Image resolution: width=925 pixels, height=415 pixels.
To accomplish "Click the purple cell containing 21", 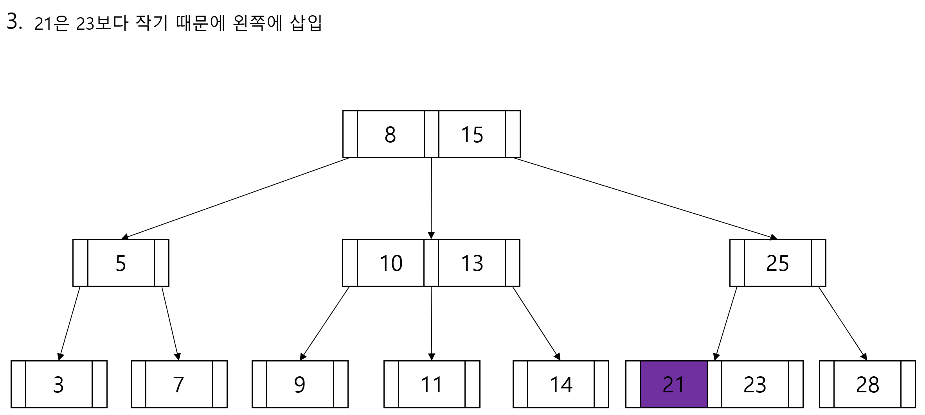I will pos(673,384).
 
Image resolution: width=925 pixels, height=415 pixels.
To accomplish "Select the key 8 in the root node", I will pos(390,134).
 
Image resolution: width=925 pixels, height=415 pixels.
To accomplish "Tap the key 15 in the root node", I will pos(472,134).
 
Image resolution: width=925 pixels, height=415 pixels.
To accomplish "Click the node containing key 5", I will pos(121,263).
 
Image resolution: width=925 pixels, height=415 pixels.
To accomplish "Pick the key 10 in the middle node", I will pos(391,263).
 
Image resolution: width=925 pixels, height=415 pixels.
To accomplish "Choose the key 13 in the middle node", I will pos(472,263).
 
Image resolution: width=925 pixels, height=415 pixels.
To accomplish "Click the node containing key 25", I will pos(777,263).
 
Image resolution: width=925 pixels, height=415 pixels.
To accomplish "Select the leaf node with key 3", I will pos(59,384).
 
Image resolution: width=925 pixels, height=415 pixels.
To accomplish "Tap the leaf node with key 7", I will pos(179,384).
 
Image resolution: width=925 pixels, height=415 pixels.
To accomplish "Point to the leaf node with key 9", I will pos(300,384).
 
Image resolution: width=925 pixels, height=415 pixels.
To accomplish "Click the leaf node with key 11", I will pos(432,384).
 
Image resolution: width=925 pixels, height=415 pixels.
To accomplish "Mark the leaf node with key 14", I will pos(561,384).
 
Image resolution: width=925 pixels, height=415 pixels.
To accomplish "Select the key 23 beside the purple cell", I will pos(755,384).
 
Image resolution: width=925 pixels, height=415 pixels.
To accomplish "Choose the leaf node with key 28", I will pos(867,384).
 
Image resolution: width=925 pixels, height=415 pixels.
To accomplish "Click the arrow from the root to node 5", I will pos(235,199).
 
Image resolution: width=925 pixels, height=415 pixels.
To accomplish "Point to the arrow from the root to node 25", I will pos(646,199).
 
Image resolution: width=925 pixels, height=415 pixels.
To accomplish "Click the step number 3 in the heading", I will pos(13,22).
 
